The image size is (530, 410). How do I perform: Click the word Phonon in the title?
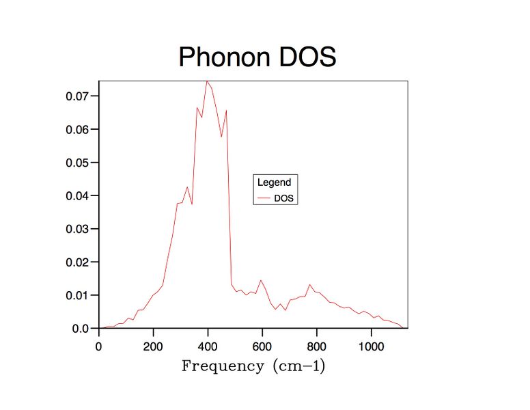click(225, 57)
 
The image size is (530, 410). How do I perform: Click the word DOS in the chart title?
click(307, 57)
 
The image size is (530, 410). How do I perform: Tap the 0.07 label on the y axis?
click(77, 96)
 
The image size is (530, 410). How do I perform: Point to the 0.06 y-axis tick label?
click(77, 129)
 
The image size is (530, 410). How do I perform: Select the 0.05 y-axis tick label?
click(77, 163)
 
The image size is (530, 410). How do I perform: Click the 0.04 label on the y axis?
click(77, 195)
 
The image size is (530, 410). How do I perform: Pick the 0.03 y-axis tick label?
click(77, 229)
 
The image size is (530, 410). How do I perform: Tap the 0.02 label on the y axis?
click(77, 262)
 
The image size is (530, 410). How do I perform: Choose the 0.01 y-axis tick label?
click(77, 295)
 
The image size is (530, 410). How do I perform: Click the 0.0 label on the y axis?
click(81, 329)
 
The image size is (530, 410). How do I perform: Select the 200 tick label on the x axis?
click(153, 346)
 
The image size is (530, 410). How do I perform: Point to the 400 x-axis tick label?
click(208, 346)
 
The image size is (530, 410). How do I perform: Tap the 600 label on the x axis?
click(262, 346)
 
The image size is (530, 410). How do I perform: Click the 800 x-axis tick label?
click(317, 346)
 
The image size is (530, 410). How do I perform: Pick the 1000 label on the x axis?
click(371, 346)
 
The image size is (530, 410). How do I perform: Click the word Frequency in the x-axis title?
click(223, 367)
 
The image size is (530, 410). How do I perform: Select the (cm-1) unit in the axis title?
click(299, 366)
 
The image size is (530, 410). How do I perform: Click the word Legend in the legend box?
click(274, 182)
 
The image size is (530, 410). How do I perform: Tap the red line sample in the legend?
click(264, 198)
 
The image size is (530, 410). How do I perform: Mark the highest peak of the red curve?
click(207, 81)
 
